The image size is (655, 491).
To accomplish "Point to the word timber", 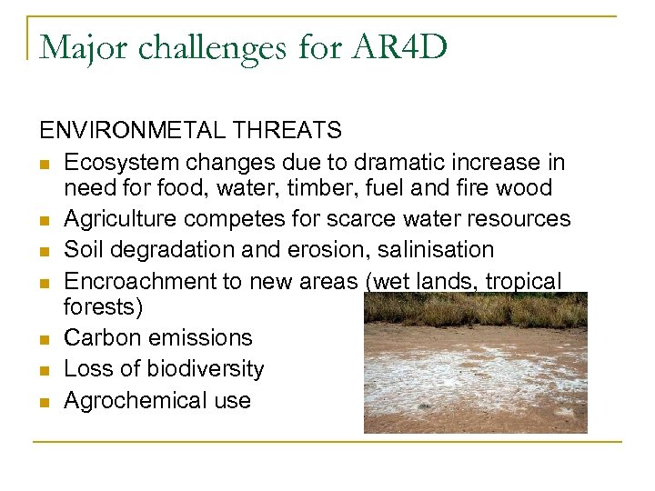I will point(326,188).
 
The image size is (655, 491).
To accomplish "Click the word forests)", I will point(103,307).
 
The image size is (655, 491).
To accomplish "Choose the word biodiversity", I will point(203,369).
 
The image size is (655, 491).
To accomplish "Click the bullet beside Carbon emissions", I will point(44,339).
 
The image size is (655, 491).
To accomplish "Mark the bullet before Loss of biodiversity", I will point(44,370).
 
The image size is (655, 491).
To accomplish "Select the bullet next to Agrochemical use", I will point(44,401).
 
